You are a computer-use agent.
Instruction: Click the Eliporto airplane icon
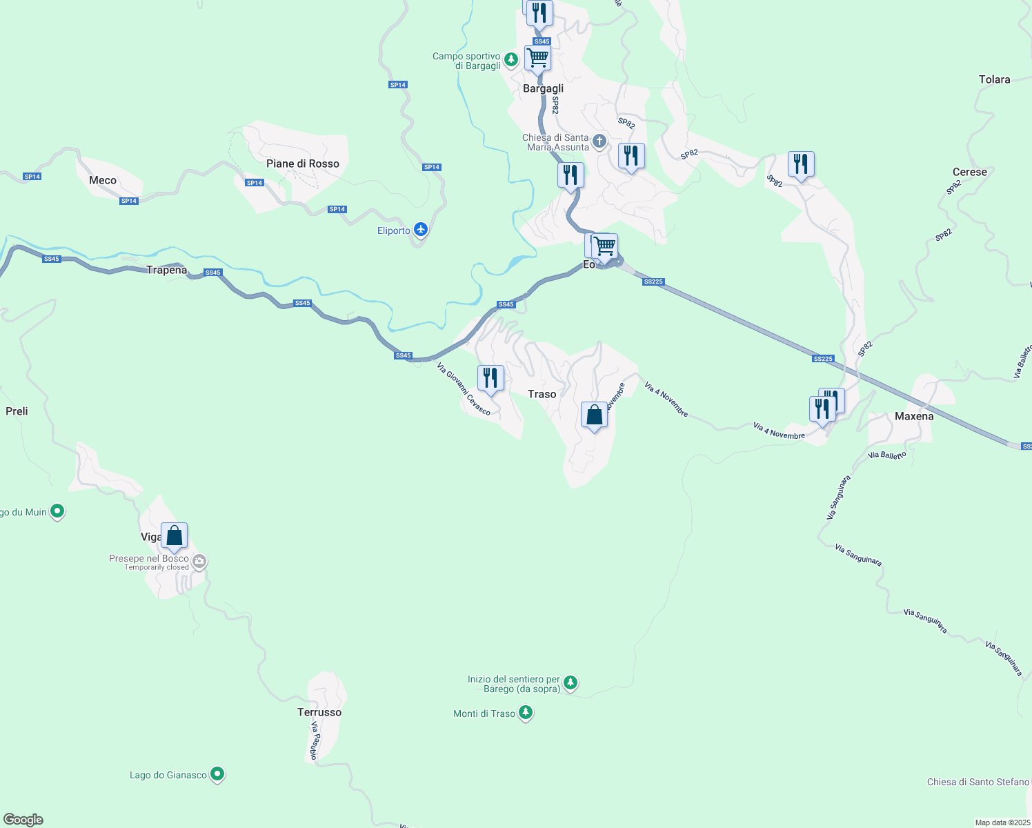pyautogui.click(x=421, y=230)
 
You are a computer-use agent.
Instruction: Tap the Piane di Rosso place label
pyautogui.click(x=303, y=164)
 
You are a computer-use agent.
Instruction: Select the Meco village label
pyautogui.click(x=103, y=180)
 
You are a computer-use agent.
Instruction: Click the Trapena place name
pyautogui.click(x=167, y=270)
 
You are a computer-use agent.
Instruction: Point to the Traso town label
pyautogui.click(x=542, y=394)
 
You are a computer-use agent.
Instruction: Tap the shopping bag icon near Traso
pyautogui.click(x=594, y=415)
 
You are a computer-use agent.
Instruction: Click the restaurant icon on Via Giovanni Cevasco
pyautogui.click(x=490, y=378)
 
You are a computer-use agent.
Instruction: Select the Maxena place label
pyautogui.click(x=914, y=416)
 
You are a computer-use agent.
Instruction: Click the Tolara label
pyautogui.click(x=994, y=79)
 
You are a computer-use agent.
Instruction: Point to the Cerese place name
pyautogui.click(x=969, y=172)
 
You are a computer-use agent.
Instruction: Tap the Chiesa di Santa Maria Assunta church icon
pyautogui.click(x=599, y=142)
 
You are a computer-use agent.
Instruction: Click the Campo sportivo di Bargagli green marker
pyautogui.click(x=510, y=60)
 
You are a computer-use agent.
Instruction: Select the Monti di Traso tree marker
pyautogui.click(x=526, y=713)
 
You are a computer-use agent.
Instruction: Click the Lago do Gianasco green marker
pyautogui.click(x=217, y=774)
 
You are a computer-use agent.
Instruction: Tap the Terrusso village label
pyautogui.click(x=319, y=712)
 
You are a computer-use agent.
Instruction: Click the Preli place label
pyautogui.click(x=17, y=411)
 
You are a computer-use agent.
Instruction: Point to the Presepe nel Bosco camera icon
pyautogui.click(x=199, y=562)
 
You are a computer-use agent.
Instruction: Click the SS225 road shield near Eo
pyautogui.click(x=653, y=282)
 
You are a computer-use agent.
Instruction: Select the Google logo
pyautogui.click(x=23, y=820)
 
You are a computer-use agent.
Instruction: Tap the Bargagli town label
pyautogui.click(x=543, y=88)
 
